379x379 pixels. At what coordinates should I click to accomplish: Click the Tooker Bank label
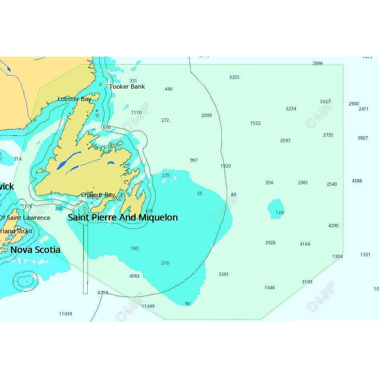[x=127, y=86]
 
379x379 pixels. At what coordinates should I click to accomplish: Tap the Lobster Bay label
[x=74, y=99]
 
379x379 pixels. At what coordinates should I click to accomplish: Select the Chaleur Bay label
[x=98, y=195]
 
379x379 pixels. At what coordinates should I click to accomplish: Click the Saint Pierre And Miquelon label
[x=123, y=217]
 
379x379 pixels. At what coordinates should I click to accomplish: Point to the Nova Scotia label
[x=35, y=250]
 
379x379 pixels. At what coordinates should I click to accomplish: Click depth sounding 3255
[x=234, y=77]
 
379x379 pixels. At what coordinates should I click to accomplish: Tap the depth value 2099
[x=206, y=115]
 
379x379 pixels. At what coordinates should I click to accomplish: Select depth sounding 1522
[x=255, y=123]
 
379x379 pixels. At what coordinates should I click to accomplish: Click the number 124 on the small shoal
[x=279, y=212]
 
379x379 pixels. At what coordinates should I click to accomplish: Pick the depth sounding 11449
[x=148, y=306]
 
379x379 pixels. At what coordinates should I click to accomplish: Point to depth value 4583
[x=134, y=276]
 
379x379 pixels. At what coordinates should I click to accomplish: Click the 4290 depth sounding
[x=333, y=225]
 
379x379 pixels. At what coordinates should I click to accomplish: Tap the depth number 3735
[x=328, y=135]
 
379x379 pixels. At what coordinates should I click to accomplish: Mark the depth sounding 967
[x=194, y=160]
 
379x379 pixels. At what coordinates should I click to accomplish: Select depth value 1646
[x=270, y=287]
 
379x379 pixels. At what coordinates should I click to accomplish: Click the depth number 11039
[x=65, y=314]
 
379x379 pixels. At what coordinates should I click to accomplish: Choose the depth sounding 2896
[x=318, y=63]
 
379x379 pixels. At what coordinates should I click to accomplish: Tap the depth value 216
[x=165, y=263]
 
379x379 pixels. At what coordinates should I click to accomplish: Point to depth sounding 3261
[x=223, y=274]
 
